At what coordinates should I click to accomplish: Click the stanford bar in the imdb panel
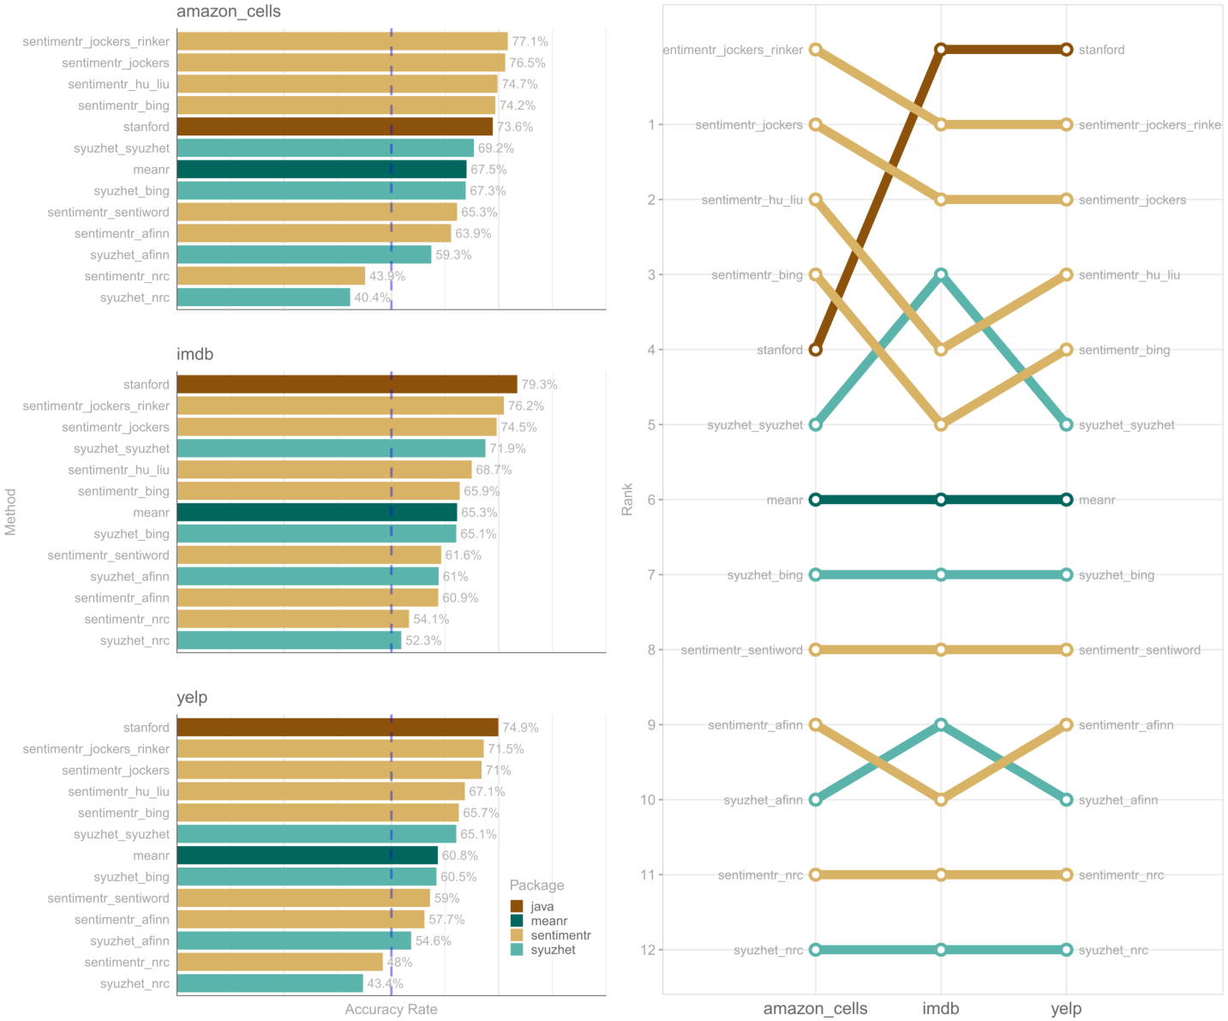tap(346, 384)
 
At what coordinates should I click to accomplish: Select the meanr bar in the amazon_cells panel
tap(321, 170)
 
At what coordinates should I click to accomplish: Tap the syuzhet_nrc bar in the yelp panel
tap(270, 983)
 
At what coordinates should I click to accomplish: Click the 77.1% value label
tap(530, 41)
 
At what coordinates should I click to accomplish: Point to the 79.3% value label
tap(539, 384)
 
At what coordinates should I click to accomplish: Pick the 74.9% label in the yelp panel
tap(520, 727)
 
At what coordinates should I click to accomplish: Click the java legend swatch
tap(517, 906)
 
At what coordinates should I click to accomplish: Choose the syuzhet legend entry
tap(553, 950)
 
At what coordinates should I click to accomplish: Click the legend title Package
tap(536, 885)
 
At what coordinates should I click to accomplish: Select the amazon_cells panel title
tap(228, 11)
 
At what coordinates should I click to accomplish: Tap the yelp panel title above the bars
tap(192, 697)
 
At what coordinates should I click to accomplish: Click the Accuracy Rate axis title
tap(391, 1009)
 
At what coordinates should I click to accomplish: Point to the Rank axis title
tap(627, 499)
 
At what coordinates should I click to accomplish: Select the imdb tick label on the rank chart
tap(940, 1008)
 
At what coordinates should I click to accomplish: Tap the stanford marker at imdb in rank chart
tap(941, 50)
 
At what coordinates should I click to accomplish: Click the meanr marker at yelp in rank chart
tap(1066, 500)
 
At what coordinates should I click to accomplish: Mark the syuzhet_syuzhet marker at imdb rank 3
tap(941, 274)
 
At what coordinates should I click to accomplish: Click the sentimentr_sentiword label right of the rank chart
tap(1139, 650)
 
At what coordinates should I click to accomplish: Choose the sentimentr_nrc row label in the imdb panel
tap(127, 619)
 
